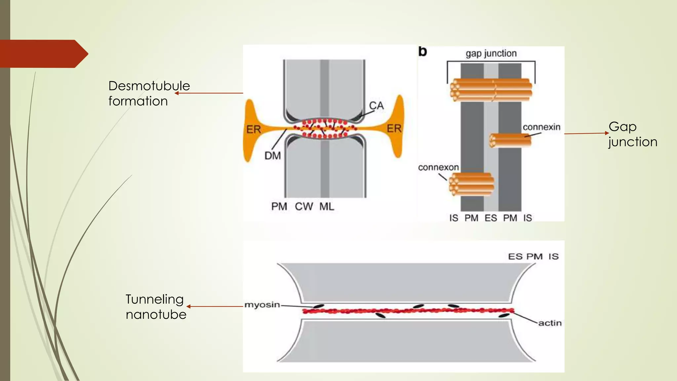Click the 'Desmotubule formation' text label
pos(149,93)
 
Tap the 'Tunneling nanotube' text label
pos(155,307)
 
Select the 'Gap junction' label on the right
pos(632,134)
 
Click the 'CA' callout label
pos(376,106)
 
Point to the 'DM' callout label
pos(272,155)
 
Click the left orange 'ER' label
pos(254,129)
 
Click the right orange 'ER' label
pos(394,128)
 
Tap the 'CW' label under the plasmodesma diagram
pos(303,206)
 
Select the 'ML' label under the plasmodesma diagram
pos(327,206)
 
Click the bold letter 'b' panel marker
pos(422,52)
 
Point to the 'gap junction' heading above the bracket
pos(491,53)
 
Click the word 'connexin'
pos(541,127)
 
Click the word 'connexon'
pos(438,167)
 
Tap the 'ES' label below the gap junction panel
pos(491,218)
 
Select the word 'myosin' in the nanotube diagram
pos(262,305)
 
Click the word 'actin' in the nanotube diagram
pos(550,323)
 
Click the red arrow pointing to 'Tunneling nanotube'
pos(215,307)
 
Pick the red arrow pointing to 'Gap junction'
pos(586,134)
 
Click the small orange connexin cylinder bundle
pos(510,140)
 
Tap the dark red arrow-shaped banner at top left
pos(43,54)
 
